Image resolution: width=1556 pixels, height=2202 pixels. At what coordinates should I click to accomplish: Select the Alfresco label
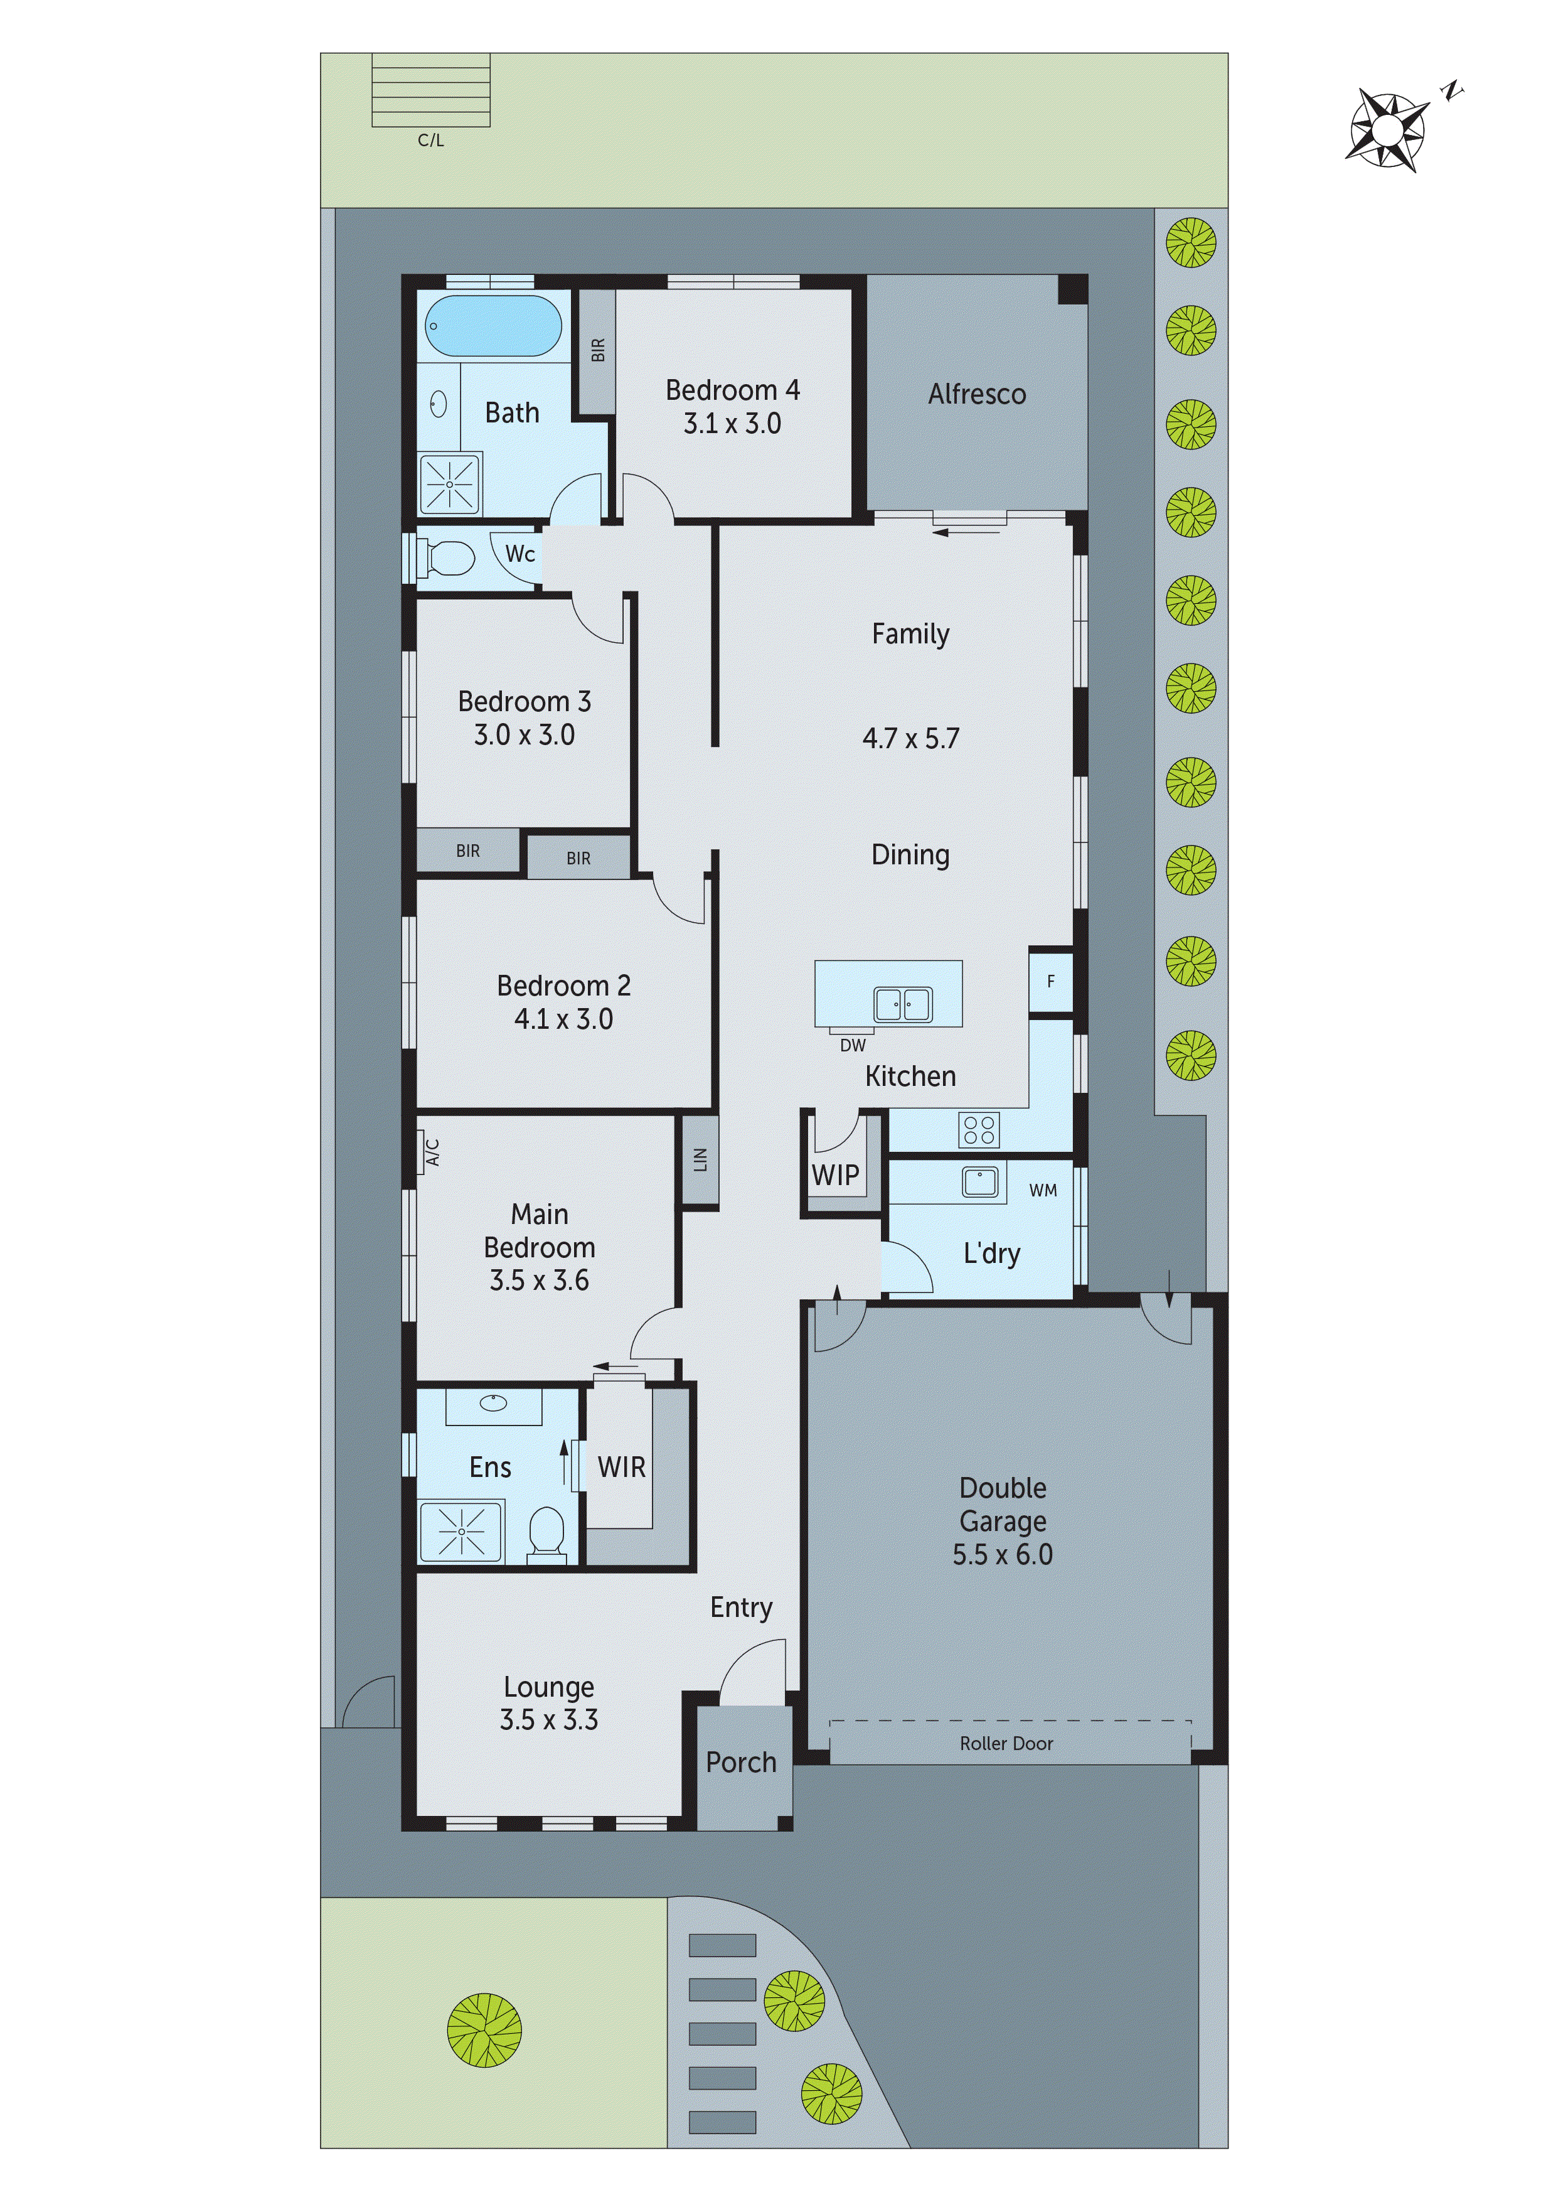(x=976, y=394)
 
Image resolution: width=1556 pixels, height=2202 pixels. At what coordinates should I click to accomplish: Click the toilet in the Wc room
(x=450, y=558)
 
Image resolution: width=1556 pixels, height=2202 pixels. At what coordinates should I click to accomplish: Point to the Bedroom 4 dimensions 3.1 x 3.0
(x=732, y=424)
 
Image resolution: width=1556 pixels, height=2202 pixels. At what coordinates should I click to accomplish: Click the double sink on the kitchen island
(x=902, y=1004)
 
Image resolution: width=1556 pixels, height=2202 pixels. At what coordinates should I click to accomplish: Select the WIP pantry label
(x=835, y=1175)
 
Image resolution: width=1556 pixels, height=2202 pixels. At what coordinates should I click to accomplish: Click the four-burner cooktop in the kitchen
(x=978, y=1130)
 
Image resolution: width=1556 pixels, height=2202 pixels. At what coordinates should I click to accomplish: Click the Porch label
(x=741, y=1762)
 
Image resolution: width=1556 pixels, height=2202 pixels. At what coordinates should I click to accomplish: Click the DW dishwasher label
(x=852, y=1045)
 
